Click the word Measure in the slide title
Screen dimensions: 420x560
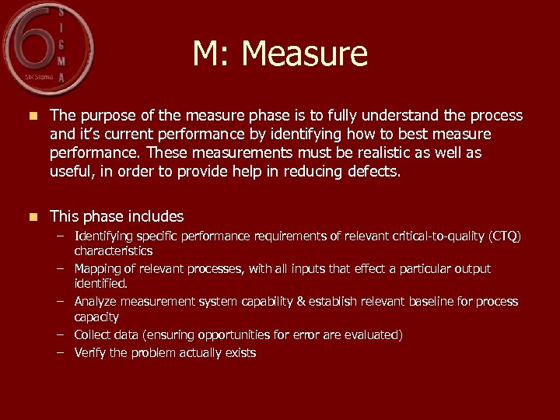click(x=304, y=54)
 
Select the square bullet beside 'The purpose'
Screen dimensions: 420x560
click(x=31, y=116)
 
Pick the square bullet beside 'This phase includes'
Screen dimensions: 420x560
click(x=31, y=217)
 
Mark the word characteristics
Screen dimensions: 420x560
click(x=113, y=250)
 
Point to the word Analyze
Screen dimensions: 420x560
click(x=97, y=301)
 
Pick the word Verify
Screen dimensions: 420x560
click(x=91, y=352)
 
